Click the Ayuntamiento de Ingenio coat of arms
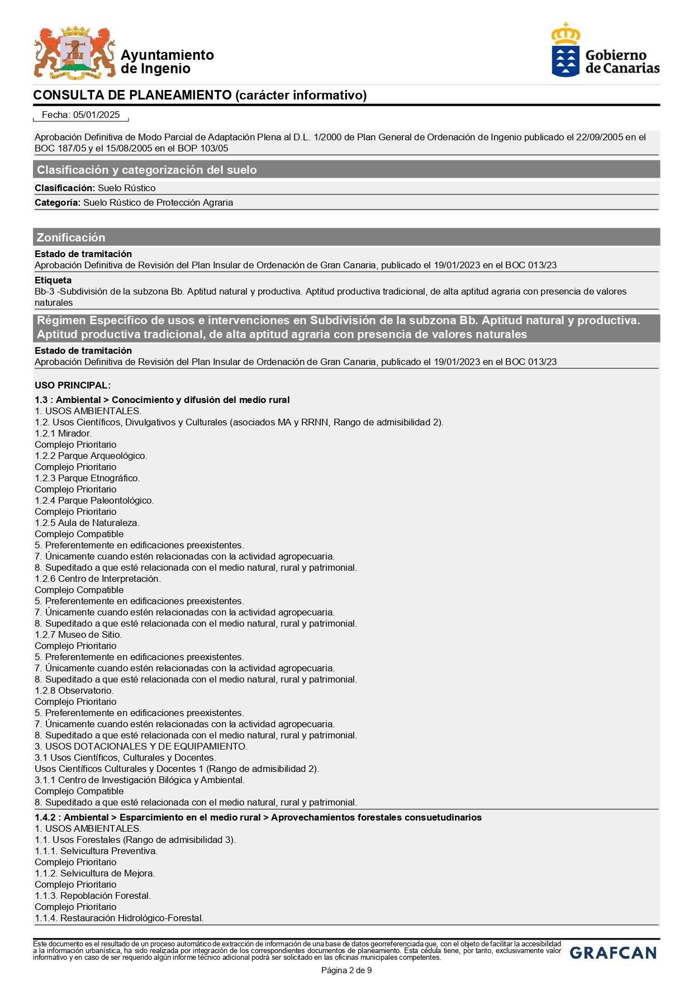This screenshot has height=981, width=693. [x=74, y=52]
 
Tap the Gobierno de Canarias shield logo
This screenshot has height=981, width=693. [x=566, y=50]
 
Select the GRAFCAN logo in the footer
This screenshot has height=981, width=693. [x=613, y=952]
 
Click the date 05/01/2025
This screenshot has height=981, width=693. [x=96, y=115]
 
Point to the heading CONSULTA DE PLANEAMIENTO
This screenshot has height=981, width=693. [x=132, y=95]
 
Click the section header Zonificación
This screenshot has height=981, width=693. [x=71, y=237]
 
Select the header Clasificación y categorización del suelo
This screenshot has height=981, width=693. [x=146, y=169]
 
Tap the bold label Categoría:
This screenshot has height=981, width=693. [x=58, y=202]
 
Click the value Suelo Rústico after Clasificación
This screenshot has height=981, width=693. [x=126, y=188]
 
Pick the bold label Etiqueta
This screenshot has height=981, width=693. [x=53, y=280]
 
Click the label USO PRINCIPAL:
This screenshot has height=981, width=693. [x=73, y=385]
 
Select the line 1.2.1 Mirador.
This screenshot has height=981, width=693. [x=63, y=433]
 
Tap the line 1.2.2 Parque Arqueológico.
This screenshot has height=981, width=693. [x=91, y=456]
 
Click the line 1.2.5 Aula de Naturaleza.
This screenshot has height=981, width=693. [x=87, y=523]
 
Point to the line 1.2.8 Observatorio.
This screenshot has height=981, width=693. [x=74, y=690]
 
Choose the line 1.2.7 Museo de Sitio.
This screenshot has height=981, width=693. [x=78, y=634]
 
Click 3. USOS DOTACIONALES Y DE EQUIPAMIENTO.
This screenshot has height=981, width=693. [x=141, y=746]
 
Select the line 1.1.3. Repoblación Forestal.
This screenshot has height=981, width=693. [x=93, y=895]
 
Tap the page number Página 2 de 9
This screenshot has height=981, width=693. [x=346, y=970]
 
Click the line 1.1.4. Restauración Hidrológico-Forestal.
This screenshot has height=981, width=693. [x=119, y=918]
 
